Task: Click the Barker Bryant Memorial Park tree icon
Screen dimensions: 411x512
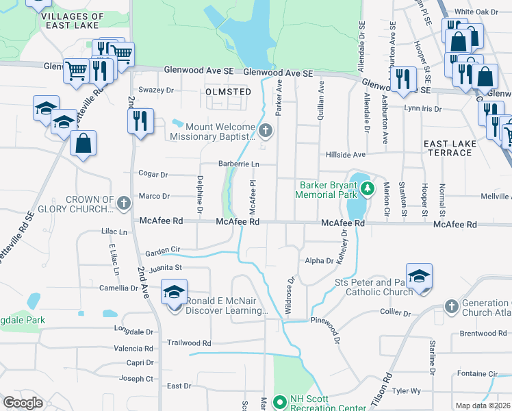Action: coord(368,187)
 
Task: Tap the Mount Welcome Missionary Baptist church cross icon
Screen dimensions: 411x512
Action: coord(265,130)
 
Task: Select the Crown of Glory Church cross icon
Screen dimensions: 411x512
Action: coord(123,203)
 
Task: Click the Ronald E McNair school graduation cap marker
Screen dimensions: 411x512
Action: coord(175,292)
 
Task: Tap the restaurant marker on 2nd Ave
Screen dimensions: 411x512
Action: coord(140,121)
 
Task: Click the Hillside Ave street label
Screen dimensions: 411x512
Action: coord(346,155)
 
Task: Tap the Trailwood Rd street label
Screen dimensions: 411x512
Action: coord(189,342)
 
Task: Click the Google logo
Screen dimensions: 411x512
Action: coord(23,402)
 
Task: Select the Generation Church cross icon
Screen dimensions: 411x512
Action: coord(450,306)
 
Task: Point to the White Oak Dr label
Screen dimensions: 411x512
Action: coord(476,12)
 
